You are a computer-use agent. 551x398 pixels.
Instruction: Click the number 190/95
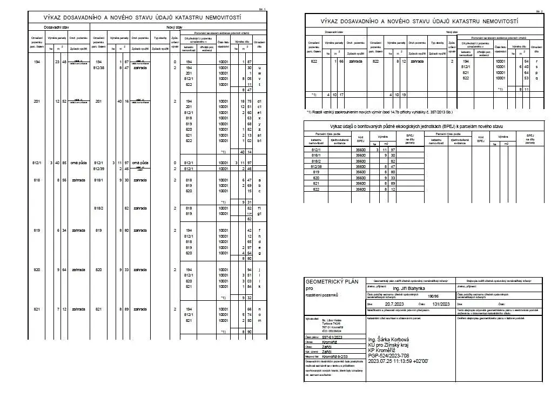[433, 296]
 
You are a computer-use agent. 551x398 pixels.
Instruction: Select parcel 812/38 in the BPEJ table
[316, 167]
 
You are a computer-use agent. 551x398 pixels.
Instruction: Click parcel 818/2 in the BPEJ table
[316, 161]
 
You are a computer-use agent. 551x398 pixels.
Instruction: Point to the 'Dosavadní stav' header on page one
[56, 26]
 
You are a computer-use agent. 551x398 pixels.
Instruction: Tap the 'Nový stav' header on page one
[174, 26]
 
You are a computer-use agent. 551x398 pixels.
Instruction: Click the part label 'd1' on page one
[260, 101]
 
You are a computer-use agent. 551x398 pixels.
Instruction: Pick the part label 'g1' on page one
[260, 214]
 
